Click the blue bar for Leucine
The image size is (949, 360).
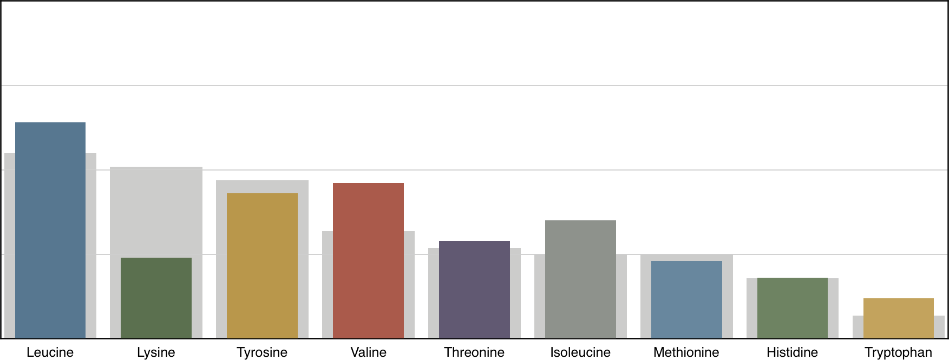[x=50, y=230]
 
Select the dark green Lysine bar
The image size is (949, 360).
[x=156, y=298]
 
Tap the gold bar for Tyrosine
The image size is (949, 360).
[x=262, y=265]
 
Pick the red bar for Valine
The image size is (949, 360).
[x=368, y=260]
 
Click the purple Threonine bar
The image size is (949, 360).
[x=474, y=290]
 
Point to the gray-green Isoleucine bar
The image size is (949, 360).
[x=580, y=279]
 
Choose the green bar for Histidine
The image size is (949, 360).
[x=792, y=308]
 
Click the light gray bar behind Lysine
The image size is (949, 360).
[x=156, y=211]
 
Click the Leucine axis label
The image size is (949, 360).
[x=50, y=352]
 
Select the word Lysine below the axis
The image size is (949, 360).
[x=156, y=352]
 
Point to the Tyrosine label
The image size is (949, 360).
[x=262, y=352]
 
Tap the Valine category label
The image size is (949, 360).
[x=368, y=352]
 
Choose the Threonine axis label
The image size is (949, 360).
[x=474, y=352]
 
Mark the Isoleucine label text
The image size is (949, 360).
[x=580, y=352]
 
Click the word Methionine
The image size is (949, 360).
[x=686, y=352]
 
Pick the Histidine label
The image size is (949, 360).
[x=792, y=352]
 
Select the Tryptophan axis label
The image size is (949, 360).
[x=898, y=352]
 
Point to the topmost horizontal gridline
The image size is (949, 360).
[x=474, y=86]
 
